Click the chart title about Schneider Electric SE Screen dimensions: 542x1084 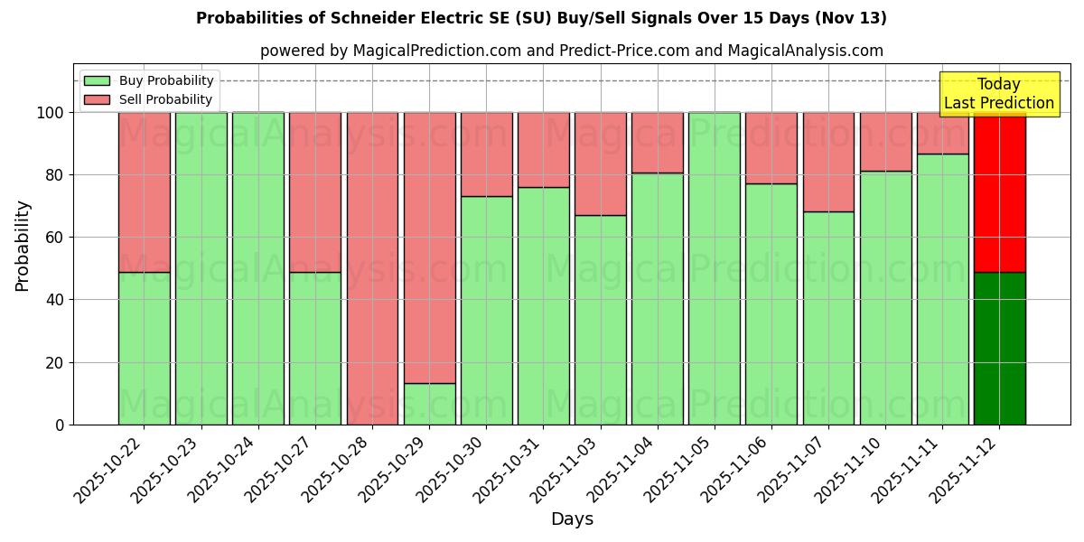coord(541,18)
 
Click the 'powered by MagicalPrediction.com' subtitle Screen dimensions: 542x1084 coord(571,51)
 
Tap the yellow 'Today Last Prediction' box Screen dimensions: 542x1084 coord(998,94)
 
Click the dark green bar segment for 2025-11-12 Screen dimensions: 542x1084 coord(999,348)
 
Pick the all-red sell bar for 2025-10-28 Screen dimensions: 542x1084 coord(372,268)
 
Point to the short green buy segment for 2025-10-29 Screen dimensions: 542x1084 coord(429,404)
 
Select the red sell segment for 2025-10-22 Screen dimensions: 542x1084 coord(144,192)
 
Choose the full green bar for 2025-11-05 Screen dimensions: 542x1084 coord(714,268)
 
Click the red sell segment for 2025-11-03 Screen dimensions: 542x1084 coord(600,164)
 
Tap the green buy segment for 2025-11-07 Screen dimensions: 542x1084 coord(828,318)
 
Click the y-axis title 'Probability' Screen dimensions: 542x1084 coord(23,245)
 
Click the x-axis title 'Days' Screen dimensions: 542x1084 coord(572,519)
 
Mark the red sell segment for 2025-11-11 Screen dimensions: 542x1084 coord(942,133)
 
